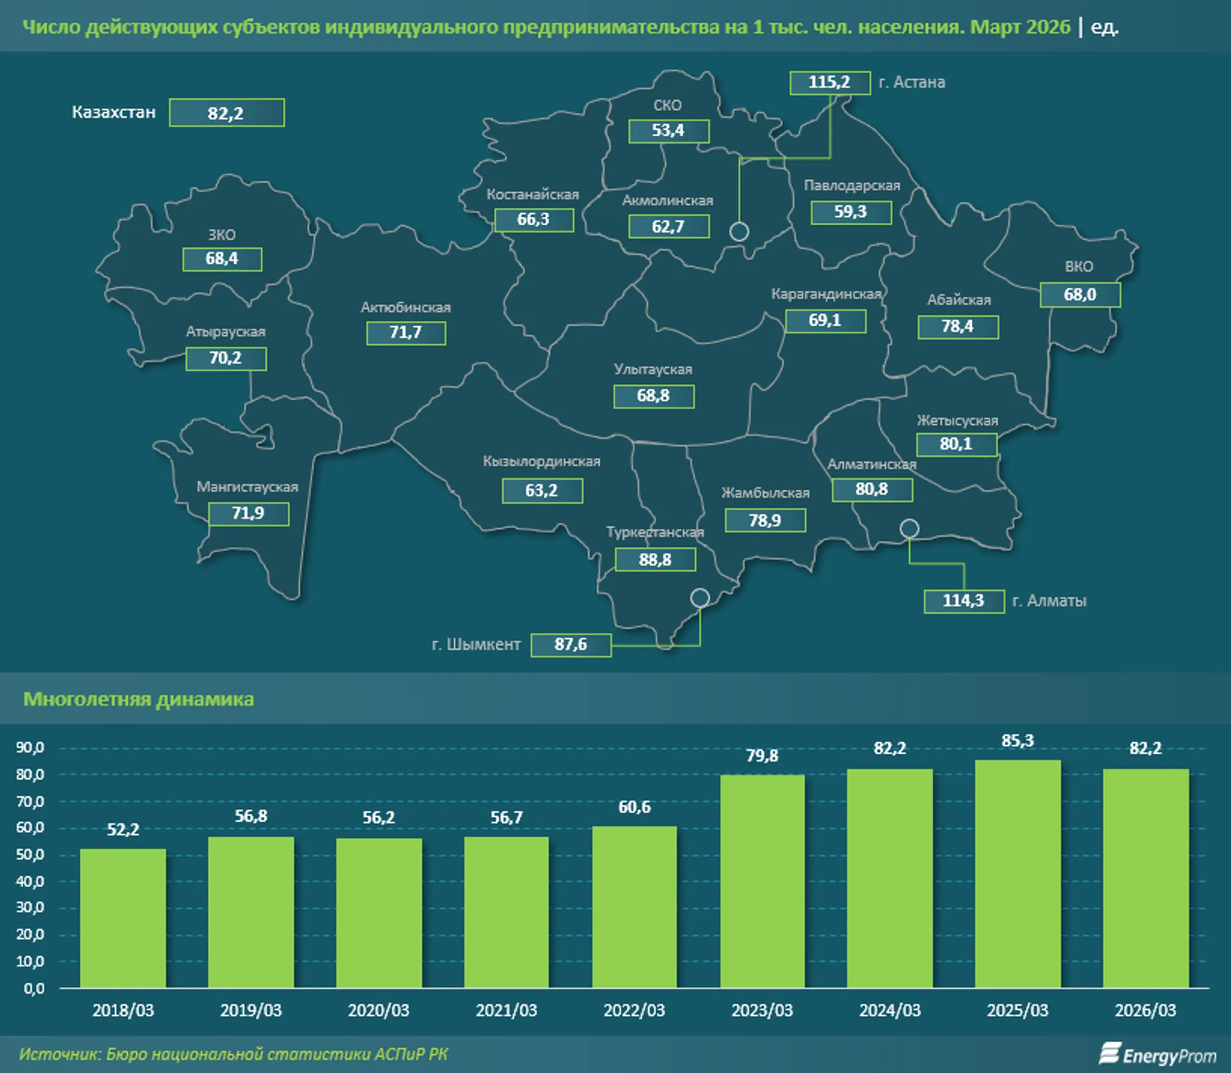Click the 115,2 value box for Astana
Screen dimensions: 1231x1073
coord(829,83)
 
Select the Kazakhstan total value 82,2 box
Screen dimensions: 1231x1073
coord(226,112)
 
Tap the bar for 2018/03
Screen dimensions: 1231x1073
coord(123,918)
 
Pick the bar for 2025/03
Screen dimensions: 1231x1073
coord(1017,873)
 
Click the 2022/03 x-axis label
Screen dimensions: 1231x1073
coord(634,1011)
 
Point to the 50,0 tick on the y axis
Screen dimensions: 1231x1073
coord(30,855)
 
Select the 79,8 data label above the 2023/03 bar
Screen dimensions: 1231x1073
coord(762,755)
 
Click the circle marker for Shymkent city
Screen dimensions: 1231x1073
coord(700,598)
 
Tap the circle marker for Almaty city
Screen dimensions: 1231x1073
coord(909,528)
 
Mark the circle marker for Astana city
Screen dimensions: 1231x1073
coord(739,231)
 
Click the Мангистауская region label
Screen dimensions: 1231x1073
coord(247,487)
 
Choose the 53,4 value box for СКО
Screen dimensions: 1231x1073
coord(669,131)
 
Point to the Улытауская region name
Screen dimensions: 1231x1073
coord(653,369)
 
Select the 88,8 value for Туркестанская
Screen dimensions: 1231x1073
coord(655,560)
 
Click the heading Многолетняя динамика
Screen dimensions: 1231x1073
coord(138,699)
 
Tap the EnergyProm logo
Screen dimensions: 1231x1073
coord(1157,1055)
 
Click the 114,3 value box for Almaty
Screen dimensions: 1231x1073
coord(964,601)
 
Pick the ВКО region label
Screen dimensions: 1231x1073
coord(1078,266)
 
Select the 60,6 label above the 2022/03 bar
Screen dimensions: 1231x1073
coord(634,807)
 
